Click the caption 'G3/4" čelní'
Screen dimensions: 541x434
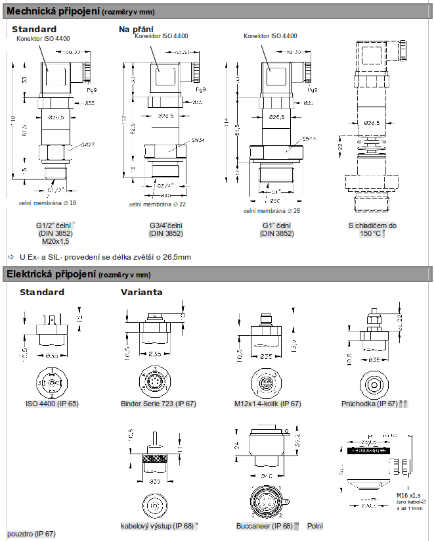click(166, 225)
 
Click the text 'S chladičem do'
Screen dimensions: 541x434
click(372, 225)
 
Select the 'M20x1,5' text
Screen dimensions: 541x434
click(55, 241)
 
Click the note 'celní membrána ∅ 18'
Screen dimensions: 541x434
click(48, 202)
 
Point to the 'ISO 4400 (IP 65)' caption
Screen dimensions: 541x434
click(52, 403)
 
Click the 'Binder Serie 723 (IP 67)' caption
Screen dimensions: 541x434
click(158, 403)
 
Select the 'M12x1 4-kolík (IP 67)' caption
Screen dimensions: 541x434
click(267, 403)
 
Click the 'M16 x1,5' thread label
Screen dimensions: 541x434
click(408, 495)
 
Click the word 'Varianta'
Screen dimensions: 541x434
click(142, 292)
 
